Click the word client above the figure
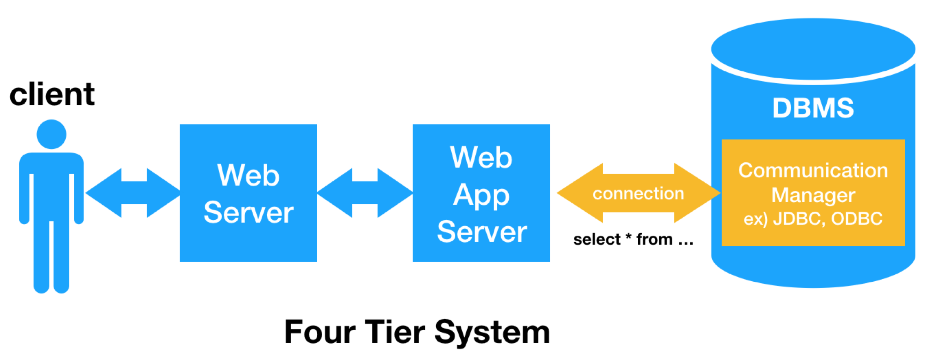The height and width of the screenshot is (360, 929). tap(52, 94)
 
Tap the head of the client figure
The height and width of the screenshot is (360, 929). tap(51, 134)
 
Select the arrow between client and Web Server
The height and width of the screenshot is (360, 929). tap(134, 193)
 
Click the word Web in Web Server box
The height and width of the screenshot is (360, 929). tap(248, 175)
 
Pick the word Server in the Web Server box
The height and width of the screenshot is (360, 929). tap(248, 213)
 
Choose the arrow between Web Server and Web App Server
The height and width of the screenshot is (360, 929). tap(365, 193)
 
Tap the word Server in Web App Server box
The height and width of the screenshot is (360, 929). tap(482, 232)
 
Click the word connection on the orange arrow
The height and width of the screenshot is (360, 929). tap(638, 194)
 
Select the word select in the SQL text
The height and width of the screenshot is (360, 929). tap(597, 239)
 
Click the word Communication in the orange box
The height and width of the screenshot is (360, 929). tap(813, 170)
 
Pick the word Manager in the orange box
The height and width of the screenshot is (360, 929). tap(813, 195)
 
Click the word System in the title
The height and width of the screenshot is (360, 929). tap(492, 332)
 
